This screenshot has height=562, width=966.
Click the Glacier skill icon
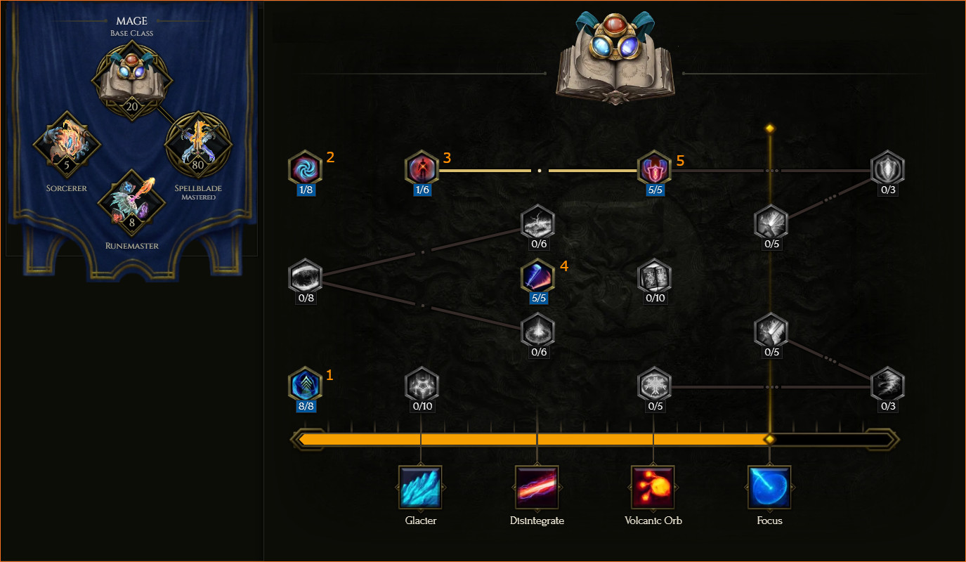(x=420, y=487)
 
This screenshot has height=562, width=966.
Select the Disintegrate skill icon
(x=537, y=487)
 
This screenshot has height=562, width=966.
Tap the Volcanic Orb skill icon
(x=653, y=487)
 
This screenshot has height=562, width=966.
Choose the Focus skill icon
(x=769, y=487)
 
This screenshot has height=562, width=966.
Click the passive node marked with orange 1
(x=306, y=384)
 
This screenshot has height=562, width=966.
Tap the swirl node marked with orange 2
(x=306, y=168)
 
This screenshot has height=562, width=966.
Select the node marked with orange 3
(x=422, y=168)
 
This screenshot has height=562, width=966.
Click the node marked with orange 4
(x=537, y=276)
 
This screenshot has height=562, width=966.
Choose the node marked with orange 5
(x=654, y=168)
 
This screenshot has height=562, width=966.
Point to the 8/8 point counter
(x=306, y=406)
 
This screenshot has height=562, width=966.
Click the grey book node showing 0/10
(x=654, y=276)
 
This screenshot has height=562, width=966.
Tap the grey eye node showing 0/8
(x=306, y=276)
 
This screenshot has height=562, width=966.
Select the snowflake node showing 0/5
(x=654, y=384)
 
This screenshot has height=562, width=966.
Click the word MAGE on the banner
(x=131, y=20)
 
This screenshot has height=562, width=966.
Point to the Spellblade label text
(x=198, y=188)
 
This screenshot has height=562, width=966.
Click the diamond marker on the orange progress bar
(x=769, y=440)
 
